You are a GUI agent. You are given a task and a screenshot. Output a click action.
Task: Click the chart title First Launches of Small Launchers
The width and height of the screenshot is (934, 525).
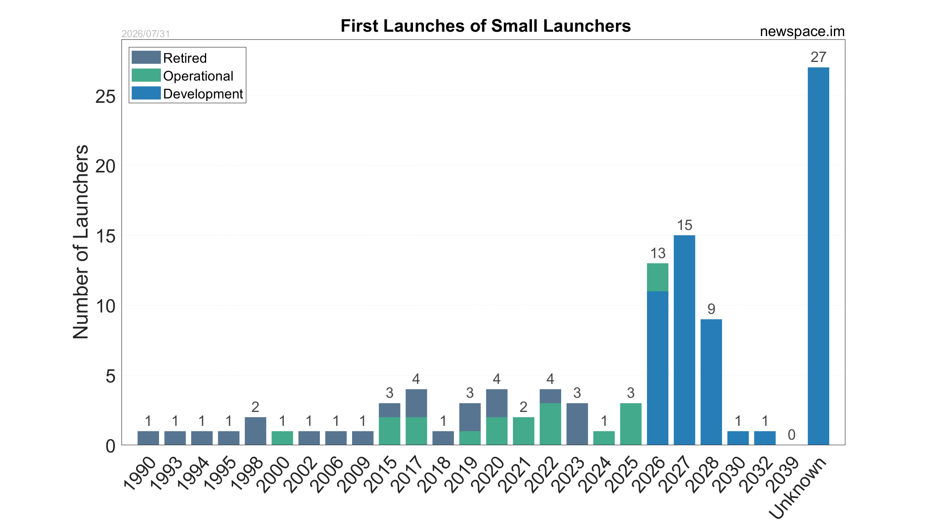coord(486,26)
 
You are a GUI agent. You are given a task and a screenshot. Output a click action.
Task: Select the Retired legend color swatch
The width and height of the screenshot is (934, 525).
coord(146,58)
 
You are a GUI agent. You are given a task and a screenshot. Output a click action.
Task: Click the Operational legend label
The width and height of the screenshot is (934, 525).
coord(198,76)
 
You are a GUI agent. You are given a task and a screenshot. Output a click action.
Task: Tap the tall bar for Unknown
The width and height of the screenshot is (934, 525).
coord(818,256)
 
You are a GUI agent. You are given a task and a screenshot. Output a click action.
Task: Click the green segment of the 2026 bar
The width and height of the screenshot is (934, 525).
coord(657,277)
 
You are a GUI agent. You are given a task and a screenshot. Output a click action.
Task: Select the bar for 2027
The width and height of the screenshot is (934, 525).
coord(684,340)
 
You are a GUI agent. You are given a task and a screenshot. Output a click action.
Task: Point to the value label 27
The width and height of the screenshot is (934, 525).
coord(818,57)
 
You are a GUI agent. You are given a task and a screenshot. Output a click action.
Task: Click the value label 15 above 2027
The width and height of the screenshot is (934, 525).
coord(684,225)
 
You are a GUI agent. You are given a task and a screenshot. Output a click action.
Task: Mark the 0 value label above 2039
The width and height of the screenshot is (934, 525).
coord(791,435)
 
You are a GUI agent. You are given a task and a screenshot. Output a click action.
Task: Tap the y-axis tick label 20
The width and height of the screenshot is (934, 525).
coord(105,166)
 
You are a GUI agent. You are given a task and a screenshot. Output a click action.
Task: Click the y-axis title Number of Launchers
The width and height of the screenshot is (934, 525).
coord(81,242)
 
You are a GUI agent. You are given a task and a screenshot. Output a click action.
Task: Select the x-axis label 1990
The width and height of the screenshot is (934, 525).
coord(140,473)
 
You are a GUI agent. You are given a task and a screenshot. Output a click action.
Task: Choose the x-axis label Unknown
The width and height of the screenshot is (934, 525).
coord(797,487)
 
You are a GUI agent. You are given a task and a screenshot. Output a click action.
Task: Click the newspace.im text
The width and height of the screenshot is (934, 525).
coord(802,31)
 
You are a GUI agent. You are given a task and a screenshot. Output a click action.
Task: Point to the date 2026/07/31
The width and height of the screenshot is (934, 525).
coord(146,34)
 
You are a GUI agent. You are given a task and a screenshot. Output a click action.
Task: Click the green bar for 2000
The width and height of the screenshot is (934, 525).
coord(282,438)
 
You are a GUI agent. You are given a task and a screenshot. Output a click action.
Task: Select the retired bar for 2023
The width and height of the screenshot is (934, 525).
coord(577,424)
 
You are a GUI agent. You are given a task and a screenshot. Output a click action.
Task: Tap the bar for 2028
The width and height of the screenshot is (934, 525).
coord(711,382)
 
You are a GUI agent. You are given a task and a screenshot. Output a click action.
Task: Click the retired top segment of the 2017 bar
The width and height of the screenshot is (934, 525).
coord(416,403)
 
